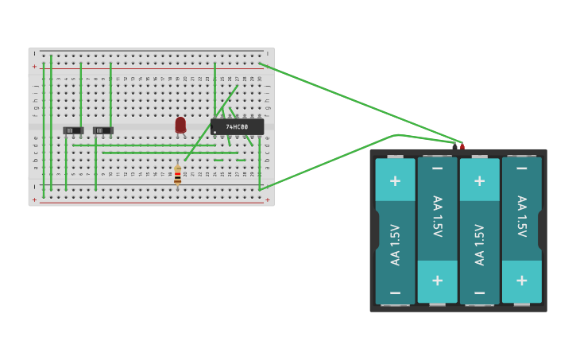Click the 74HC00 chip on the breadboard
pos(237,127)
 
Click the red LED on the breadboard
pos(180,125)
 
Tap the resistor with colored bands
pos(177,175)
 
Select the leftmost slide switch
pos(73,130)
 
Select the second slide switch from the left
pos(103,130)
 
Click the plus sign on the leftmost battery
pos(395,180)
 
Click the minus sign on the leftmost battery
pos(395,292)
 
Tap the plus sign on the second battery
pos(437,281)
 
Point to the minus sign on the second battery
pos(437,168)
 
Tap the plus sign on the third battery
pos(479,180)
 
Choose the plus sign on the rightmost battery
pos(521,281)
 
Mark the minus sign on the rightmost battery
pos(521,168)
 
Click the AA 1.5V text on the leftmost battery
pos(395,244)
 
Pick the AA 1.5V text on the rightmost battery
pos(521,216)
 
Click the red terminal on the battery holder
pos(462,146)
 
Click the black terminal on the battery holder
pos(454,146)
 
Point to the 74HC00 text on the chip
pos(237,126)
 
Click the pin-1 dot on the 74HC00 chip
pos(215,132)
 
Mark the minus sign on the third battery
pos(479,292)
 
